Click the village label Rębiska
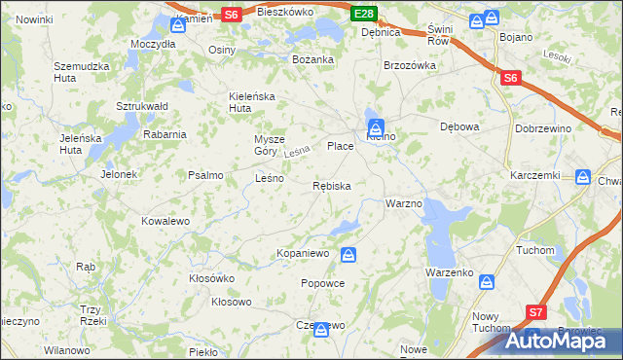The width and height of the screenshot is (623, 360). click(x=332, y=185)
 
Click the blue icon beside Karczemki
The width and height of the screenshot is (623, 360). click(x=583, y=177)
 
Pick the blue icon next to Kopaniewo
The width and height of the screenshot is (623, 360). click(x=348, y=255)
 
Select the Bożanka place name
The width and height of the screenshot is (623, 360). click(x=313, y=59)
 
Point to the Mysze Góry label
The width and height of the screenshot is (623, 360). click(x=271, y=144)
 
